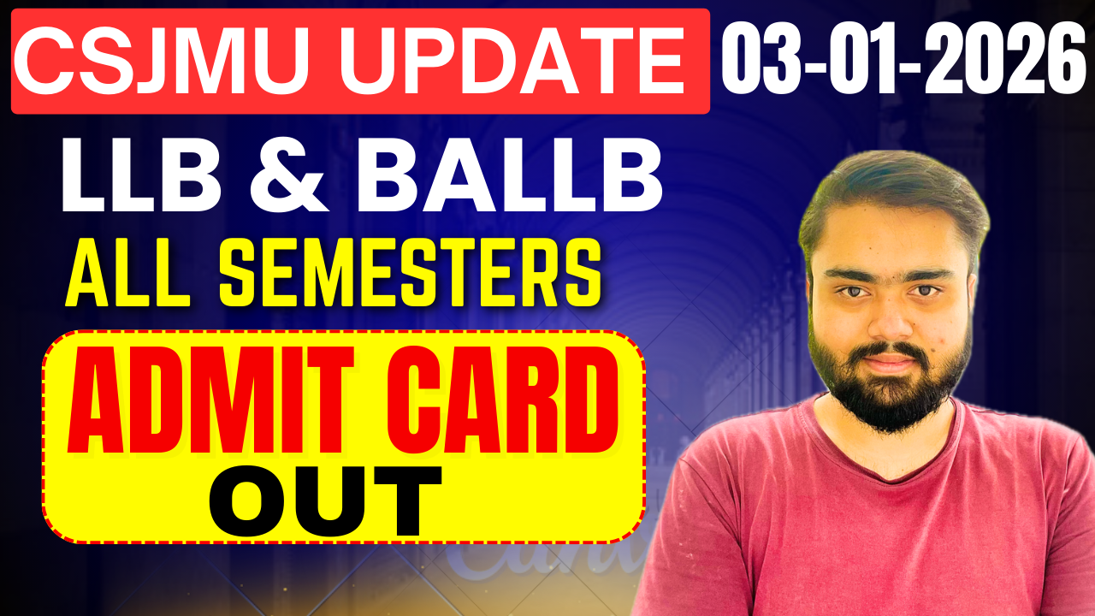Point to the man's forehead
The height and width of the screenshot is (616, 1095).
pos(890,244)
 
